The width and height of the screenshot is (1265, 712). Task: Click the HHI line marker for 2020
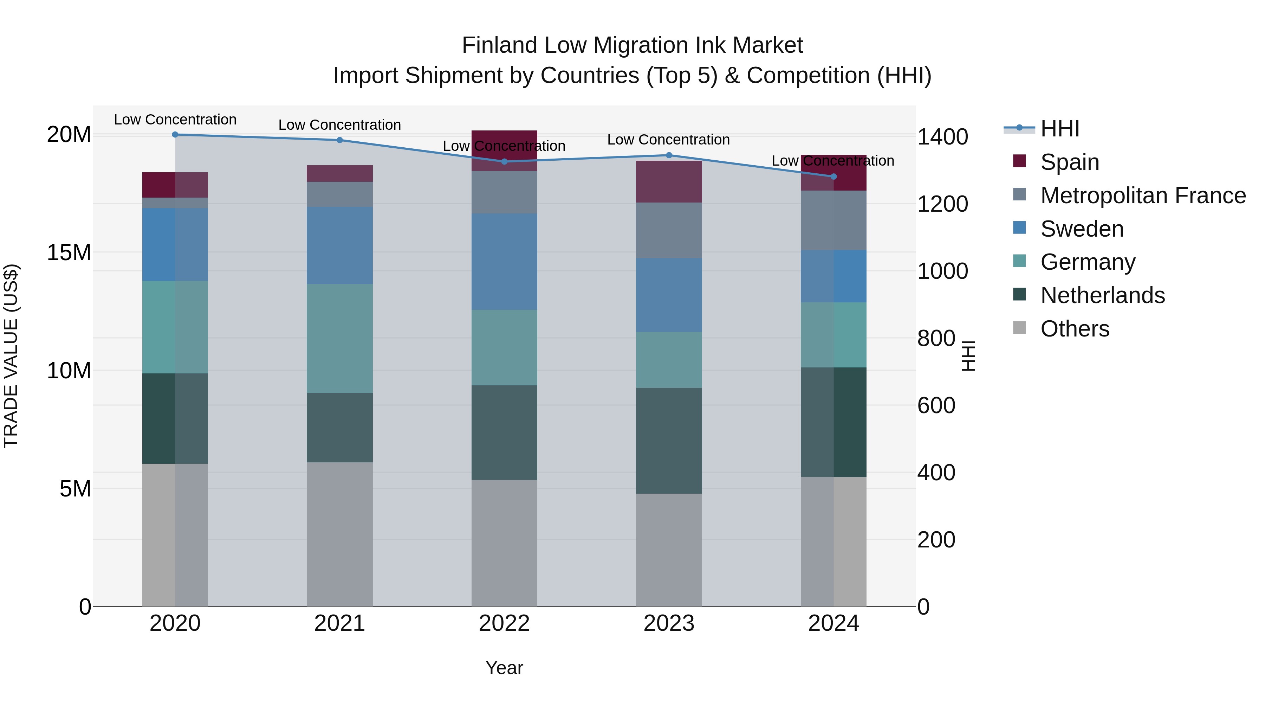pos(175,134)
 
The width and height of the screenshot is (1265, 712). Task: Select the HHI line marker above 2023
pos(669,155)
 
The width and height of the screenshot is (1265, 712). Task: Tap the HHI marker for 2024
pos(833,177)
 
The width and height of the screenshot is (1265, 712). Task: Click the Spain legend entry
pos(1070,162)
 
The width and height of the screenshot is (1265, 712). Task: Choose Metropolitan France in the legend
pos(1143,195)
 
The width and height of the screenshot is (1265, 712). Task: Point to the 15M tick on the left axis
pos(69,252)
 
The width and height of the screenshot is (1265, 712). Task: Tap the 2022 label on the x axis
pos(504,623)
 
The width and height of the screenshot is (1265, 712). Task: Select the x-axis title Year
pos(504,668)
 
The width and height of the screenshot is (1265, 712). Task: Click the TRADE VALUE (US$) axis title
pos(11,356)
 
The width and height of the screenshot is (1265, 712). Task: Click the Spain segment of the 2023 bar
pos(669,181)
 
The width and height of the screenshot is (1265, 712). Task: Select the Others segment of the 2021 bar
pos(340,534)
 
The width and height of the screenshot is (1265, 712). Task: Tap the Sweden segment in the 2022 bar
pos(504,261)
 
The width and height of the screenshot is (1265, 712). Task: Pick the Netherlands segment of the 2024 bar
pos(833,422)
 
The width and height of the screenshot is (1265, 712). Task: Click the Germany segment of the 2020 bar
pos(175,327)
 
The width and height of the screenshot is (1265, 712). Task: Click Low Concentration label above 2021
pos(340,125)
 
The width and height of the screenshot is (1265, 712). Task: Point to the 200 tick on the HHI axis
pos(936,539)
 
